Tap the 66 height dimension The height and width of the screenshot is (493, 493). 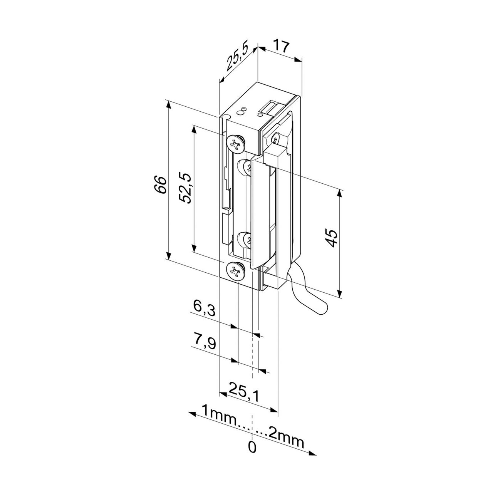[x=161, y=185]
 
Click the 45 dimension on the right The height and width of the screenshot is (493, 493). [x=332, y=238]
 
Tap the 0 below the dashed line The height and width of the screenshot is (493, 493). [x=252, y=454]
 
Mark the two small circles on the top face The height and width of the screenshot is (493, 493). [x=242, y=111]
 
